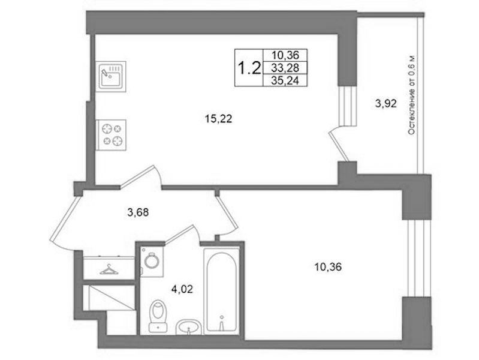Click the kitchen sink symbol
[110, 76]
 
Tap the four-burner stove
[111, 135]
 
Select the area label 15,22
[218, 119]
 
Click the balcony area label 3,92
[386, 104]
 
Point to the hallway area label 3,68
[138, 212]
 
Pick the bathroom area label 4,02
[182, 289]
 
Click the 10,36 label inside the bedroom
[328, 267]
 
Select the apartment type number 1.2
[249, 68]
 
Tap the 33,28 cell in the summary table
[285, 68]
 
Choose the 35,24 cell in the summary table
[285, 80]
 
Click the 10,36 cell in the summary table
[285, 55]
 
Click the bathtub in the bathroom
[221, 291]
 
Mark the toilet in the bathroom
[158, 316]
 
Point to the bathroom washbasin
[188, 327]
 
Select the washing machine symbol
[152, 262]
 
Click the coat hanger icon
[109, 270]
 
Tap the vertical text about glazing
[412, 95]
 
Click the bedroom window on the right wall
[417, 258]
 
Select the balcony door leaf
[339, 146]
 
